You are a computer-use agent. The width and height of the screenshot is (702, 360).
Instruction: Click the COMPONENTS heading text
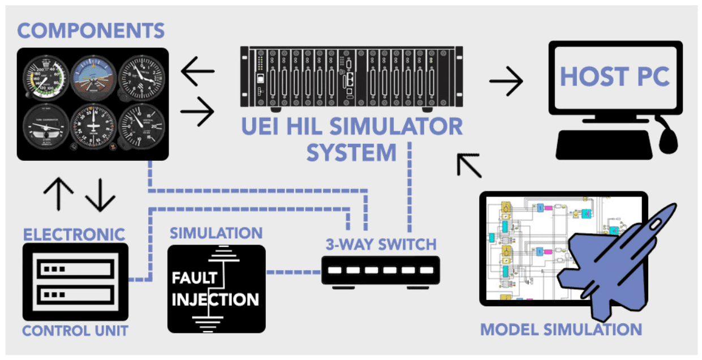91,31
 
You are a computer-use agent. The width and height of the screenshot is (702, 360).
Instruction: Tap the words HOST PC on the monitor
614,76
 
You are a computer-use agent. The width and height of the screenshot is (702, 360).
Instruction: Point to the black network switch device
381,271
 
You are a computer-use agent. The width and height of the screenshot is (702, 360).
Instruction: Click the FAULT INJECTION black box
217,289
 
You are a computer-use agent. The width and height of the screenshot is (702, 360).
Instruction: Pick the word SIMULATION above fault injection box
217,233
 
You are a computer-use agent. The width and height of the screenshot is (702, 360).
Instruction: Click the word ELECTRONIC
74,234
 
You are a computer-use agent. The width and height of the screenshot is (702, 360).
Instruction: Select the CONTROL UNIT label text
75,331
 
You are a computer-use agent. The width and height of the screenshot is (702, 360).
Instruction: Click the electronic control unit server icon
75,281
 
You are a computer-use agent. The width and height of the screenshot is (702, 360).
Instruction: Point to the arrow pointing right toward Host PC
506,83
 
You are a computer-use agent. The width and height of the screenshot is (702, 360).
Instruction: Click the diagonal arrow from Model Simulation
469,165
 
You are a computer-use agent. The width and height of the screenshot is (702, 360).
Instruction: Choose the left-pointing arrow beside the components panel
197,71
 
